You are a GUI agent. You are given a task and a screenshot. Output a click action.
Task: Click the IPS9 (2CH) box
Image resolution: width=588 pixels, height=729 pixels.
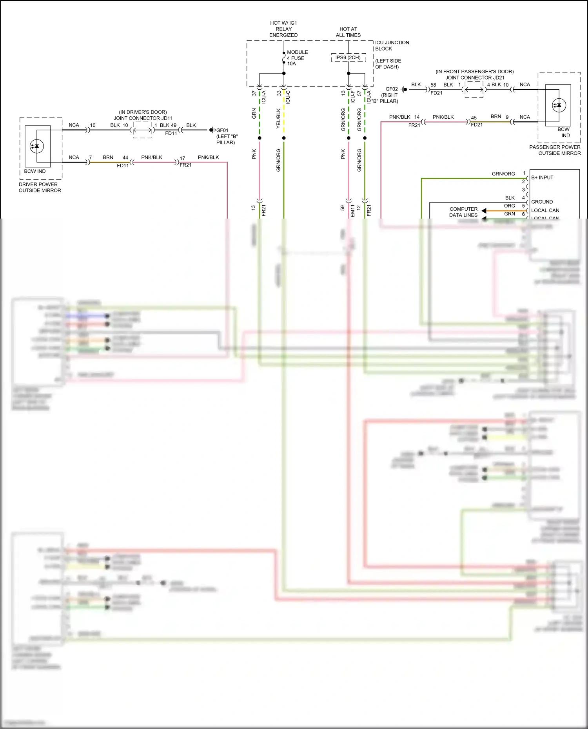(348, 58)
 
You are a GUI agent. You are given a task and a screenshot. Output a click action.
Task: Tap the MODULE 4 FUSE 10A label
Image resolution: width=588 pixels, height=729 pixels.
(297, 58)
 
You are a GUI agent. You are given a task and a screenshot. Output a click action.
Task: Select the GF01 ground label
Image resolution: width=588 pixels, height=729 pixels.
(222, 130)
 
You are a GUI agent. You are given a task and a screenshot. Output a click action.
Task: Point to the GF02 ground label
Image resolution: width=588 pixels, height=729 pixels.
(392, 89)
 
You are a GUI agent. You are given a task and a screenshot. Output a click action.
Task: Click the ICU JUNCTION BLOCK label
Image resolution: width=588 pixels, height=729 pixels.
(392, 45)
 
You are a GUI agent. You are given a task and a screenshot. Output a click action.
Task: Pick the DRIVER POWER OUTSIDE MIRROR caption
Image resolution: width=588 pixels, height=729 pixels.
(40, 187)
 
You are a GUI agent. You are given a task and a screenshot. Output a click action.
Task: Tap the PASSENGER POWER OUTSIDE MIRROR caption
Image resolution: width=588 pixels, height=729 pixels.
(555, 150)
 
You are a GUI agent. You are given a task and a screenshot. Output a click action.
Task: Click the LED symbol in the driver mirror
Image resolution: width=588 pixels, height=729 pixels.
(37, 147)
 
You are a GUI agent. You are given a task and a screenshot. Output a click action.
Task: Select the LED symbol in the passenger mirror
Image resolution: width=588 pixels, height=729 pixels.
(559, 105)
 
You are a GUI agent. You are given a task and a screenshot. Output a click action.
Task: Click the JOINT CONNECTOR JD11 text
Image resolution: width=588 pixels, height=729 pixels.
(143, 118)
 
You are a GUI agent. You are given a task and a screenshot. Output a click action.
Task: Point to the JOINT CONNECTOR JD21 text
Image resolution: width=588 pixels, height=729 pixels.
(475, 78)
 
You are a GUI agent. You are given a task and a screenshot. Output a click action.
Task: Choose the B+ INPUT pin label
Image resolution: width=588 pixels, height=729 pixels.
(542, 177)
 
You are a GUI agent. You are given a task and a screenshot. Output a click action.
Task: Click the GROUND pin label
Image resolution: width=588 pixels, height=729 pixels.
(542, 202)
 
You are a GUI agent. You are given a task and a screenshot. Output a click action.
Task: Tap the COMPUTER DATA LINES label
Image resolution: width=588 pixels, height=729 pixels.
(463, 212)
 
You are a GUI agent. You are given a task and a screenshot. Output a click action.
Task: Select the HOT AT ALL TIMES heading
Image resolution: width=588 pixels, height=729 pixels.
(348, 32)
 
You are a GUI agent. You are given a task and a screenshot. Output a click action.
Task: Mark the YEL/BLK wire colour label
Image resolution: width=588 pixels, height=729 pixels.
(278, 119)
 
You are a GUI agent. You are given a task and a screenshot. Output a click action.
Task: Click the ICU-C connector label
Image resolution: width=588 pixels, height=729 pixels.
(288, 97)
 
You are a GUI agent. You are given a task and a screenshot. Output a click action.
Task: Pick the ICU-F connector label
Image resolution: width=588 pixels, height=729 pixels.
(353, 97)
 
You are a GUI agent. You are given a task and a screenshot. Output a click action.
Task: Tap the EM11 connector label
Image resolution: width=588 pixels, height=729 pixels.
(352, 211)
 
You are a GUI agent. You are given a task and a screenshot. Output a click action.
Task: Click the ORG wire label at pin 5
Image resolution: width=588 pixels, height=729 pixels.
(509, 206)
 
